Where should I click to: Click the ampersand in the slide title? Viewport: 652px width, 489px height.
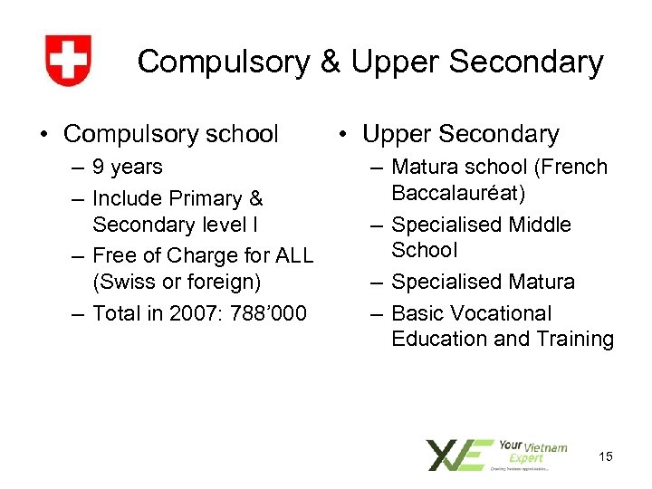coord(330,62)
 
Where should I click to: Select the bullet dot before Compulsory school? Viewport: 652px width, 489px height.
coord(43,135)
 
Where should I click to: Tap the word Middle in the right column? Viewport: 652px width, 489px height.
coord(538,225)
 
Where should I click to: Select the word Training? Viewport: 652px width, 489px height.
coord(570,339)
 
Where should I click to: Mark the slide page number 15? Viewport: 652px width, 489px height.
coord(605,456)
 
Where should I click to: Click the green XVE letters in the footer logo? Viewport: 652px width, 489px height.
coord(460,455)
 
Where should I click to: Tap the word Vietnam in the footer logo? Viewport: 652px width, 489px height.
coord(546,447)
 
